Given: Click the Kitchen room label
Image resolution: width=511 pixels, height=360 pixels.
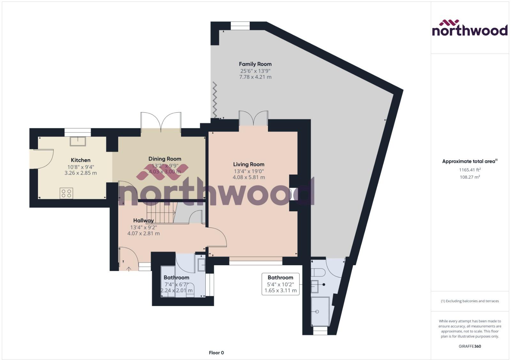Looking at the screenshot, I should [x=80, y=160].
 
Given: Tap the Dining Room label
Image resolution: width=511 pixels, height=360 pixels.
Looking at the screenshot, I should [x=165, y=159].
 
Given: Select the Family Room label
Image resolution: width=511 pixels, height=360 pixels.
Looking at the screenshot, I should [x=255, y=64].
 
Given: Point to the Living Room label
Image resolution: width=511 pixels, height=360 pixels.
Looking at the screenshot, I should [x=249, y=164].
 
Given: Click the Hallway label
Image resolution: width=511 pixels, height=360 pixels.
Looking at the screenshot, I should [x=143, y=221].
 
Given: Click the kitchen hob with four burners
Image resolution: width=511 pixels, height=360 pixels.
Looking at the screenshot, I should [x=66, y=193].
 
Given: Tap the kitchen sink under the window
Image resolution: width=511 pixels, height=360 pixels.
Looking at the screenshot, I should [x=78, y=141].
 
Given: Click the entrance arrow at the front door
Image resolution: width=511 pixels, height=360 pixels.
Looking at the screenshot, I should [x=129, y=269].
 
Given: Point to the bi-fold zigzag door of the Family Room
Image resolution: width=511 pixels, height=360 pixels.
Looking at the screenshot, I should [x=215, y=100].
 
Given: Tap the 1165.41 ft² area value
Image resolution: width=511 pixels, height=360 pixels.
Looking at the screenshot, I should [x=470, y=170].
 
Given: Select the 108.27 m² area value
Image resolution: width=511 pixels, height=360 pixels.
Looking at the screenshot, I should [x=470, y=177].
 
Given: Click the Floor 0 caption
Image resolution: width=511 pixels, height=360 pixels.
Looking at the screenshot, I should [x=216, y=353].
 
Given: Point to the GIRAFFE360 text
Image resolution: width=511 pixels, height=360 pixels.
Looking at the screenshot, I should [x=470, y=346].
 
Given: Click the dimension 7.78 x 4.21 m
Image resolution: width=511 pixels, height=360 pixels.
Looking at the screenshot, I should [x=255, y=77].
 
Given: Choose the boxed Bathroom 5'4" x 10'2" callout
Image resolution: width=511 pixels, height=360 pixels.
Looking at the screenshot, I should [x=280, y=284].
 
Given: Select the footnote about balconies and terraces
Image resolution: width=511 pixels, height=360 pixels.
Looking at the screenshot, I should [x=470, y=301].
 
